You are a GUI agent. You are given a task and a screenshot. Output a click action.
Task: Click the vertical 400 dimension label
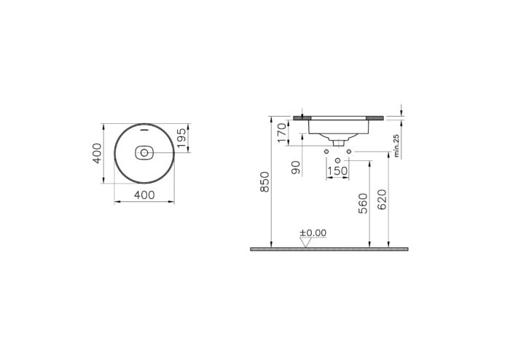[x=95, y=153]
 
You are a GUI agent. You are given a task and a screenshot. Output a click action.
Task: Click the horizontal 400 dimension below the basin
[x=145, y=195]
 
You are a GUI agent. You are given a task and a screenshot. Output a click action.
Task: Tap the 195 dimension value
[x=183, y=138]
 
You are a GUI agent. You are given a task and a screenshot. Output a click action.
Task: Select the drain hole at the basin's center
[x=144, y=154]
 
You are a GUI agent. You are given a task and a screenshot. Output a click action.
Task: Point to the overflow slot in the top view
[x=144, y=130]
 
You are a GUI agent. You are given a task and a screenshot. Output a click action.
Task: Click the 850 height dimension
[x=265, y=181]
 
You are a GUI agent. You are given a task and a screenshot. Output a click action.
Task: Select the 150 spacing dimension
[x=337, y=171]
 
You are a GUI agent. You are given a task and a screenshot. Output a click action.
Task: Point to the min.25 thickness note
[x=396, y=146]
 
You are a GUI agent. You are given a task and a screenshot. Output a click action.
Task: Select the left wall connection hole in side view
[x=325, y=152]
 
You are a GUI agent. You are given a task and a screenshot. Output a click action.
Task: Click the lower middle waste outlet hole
[x=337, y=160]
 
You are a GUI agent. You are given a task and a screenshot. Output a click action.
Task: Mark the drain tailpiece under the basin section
[x=337, y=140]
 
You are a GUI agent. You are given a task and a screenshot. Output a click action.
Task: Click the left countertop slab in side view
[x=301, y=117]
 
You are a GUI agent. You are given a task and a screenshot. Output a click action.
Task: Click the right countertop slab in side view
[x=378, y=117]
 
